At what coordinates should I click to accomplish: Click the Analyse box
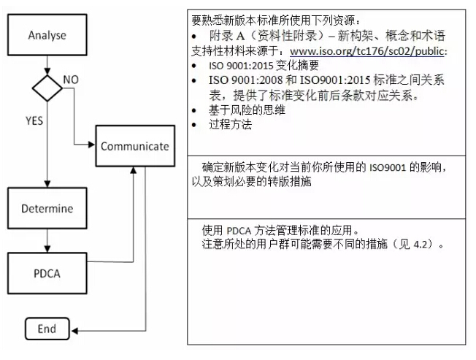click(47, 35)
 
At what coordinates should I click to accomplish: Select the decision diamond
click(47, 88)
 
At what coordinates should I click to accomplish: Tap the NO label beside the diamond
click(71, 80)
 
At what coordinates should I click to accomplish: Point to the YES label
click(34, 120)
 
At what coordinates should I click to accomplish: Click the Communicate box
click(135, 146)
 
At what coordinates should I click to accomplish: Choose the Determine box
click(47, 208)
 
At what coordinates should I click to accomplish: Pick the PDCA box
click(47, 273)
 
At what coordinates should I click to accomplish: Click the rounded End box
click(47, 329)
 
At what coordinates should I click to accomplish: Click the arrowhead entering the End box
click(74, 331)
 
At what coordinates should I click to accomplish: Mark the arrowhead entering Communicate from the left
click(92, 145)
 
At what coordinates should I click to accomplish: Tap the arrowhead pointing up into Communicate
click(133, 170)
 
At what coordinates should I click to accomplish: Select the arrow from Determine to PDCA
click(47, 241)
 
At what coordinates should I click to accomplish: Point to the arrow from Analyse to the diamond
click(47, 65)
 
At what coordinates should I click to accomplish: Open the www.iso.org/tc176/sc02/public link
click(367, 51)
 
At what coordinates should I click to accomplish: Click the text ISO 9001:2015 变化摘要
click(264, 65)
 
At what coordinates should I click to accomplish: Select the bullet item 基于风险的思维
click(247, 110)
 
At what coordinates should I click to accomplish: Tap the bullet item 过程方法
click(230, 124)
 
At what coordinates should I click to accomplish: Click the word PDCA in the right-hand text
click(239, 231)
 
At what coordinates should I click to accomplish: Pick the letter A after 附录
click(240, 36)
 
